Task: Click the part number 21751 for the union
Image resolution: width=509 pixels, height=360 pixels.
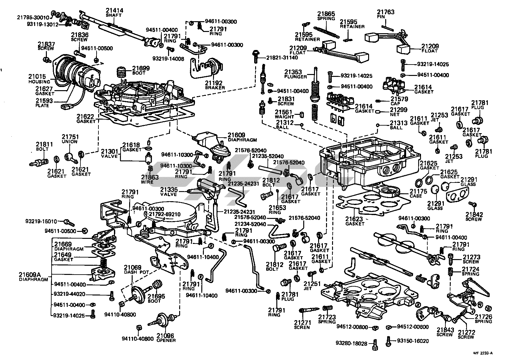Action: pyautogui.click(x=70, y=137)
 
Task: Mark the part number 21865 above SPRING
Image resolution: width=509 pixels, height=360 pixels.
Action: pyautogui.click(x=326, y=14)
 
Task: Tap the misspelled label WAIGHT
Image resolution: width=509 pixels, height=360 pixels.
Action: pyautogui.click(x=284, y=117)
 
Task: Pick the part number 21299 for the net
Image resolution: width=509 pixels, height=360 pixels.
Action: pyautogui.click(x=390, y=110)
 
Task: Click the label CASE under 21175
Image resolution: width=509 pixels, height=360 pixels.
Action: pyautogui.click(x=416, y=196)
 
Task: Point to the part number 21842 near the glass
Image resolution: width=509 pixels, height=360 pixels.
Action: pyautogui.click(x=474, y=214)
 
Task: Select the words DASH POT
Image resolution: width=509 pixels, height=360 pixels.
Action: pyautogui.click(x=132, y=272)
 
